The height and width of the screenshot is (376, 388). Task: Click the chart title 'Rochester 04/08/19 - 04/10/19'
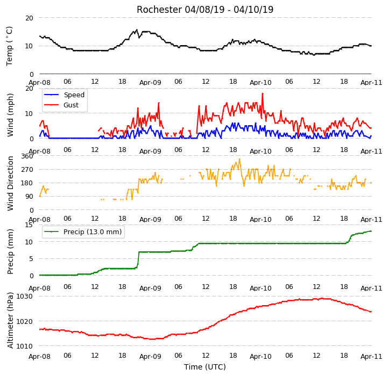[205, 10]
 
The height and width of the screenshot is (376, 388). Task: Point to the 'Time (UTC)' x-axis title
[205, 367]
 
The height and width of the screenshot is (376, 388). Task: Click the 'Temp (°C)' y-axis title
[9, 46]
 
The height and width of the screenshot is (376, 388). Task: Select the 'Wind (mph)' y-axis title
[10, 115]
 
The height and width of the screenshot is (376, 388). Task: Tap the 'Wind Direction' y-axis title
[10, 183]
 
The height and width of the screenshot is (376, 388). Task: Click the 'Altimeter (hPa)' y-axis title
[10, 321]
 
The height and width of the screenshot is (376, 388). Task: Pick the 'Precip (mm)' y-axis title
[10, 251]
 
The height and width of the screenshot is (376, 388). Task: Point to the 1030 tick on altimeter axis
[25, 296]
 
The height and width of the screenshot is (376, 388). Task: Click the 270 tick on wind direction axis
[27, 170]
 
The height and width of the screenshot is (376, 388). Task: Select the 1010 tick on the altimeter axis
[25, 346]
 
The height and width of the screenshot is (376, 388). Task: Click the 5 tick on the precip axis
[31, 259]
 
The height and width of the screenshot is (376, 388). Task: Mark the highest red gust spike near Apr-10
[263, 93]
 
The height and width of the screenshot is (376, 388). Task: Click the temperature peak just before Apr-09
[137, 30]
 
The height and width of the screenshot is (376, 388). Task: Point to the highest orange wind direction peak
[239, 159]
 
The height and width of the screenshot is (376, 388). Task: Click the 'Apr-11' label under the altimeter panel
[371, 357]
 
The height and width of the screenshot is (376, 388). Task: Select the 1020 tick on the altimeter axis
[25, 321]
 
